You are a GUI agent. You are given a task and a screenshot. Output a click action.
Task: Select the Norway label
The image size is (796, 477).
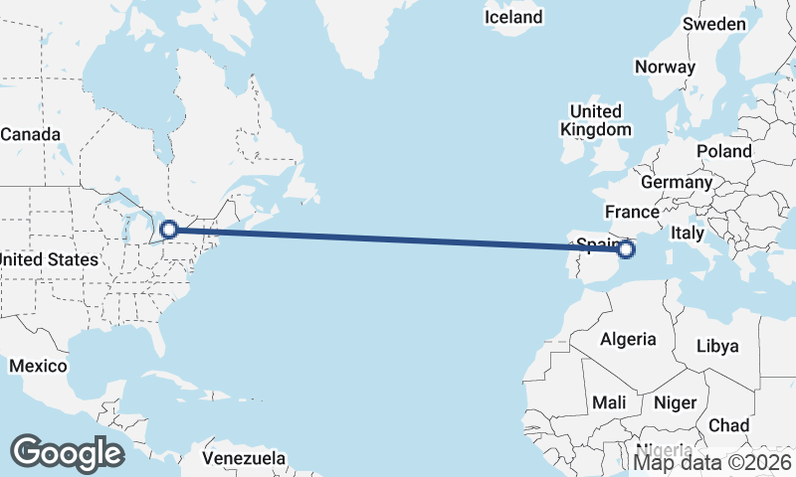pyautogui.click(x=664, y=68)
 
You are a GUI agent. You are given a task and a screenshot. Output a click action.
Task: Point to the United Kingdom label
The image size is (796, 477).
pyautogui.click(x=595, y=120)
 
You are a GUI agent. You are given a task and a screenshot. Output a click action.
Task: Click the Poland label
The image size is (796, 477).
pyautogui.click(x=724, y=151)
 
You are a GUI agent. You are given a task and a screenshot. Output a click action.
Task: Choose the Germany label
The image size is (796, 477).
pyautogui.click(x=677, y=183)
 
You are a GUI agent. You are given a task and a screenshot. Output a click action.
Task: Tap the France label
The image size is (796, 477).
pyautogui.click(x=632, y=212)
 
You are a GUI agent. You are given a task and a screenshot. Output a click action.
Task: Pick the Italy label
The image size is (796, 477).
pyautogui.click(x=688, y=233)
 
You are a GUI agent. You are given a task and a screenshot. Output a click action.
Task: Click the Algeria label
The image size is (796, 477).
pyautogui.click(x=628, y=339)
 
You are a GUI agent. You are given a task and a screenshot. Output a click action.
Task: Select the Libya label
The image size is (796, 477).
pyautogui.click(x=717, y=346)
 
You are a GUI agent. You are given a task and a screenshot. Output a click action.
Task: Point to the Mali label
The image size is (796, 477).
pyautogui.click(x=608, y=402)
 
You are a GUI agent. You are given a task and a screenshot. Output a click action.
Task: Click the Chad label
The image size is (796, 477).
pyautogui.click(x=728, y=425)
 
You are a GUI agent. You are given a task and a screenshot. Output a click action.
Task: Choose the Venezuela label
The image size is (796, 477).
pyautogui.click(x=243, y=459)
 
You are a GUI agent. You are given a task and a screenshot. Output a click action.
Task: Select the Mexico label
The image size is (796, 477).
pyautogui.click(x=38, y=367)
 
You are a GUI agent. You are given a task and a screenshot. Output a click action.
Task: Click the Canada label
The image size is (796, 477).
pyautogui.click(x=30, y=134)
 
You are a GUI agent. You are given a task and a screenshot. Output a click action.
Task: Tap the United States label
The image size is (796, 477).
pyautogui.click(x=48, y=259)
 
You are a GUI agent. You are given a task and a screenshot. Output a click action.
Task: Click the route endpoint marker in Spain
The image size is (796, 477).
pyautogui.click(x=626, y=250)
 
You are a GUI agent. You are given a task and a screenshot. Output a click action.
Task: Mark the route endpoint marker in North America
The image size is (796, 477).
pyautogui.click(x=169, y=230)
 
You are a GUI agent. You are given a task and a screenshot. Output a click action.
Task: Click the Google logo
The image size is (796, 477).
pyautogui.click(x=67, y=452)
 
